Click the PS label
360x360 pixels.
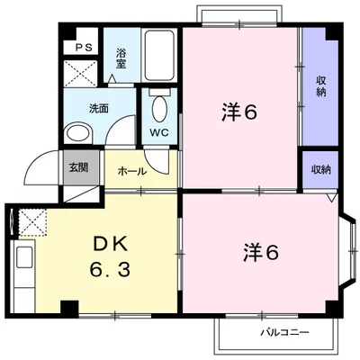(83, 47)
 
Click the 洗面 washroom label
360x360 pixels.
(99, 108)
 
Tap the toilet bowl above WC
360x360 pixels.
(159, 109)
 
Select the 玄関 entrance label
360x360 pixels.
(78, 166)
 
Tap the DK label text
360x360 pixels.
(108, 244)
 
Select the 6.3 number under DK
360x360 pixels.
(109, 268)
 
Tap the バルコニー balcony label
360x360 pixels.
(284, 333)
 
